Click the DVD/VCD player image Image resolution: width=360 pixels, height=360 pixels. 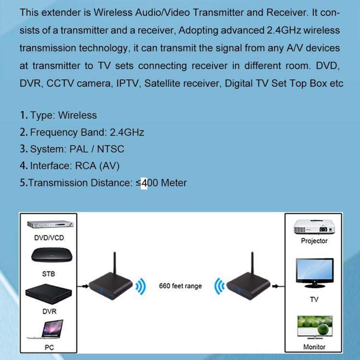pyautogui.click(x=48, y=225)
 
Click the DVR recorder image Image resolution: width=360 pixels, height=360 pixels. pyautogui.click(x=48, y=294)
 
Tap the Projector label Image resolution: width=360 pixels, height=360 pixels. pyautogui.click(x=314, y=241)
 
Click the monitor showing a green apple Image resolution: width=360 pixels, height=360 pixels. pyautogui.click(x=314, y=327)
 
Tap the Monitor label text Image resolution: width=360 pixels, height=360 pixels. pyautogui.click(x=314, y=347)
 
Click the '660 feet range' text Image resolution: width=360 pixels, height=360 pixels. pyautogui.click(x=180, y=286)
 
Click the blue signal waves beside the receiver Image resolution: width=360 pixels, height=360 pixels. pyautogui.click(x=219, y=287)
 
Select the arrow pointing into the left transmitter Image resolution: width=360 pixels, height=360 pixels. pyautogui.click(x=83, y=287)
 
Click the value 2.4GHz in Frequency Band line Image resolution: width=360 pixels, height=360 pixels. pyautogui.click(x=127, y=132)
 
